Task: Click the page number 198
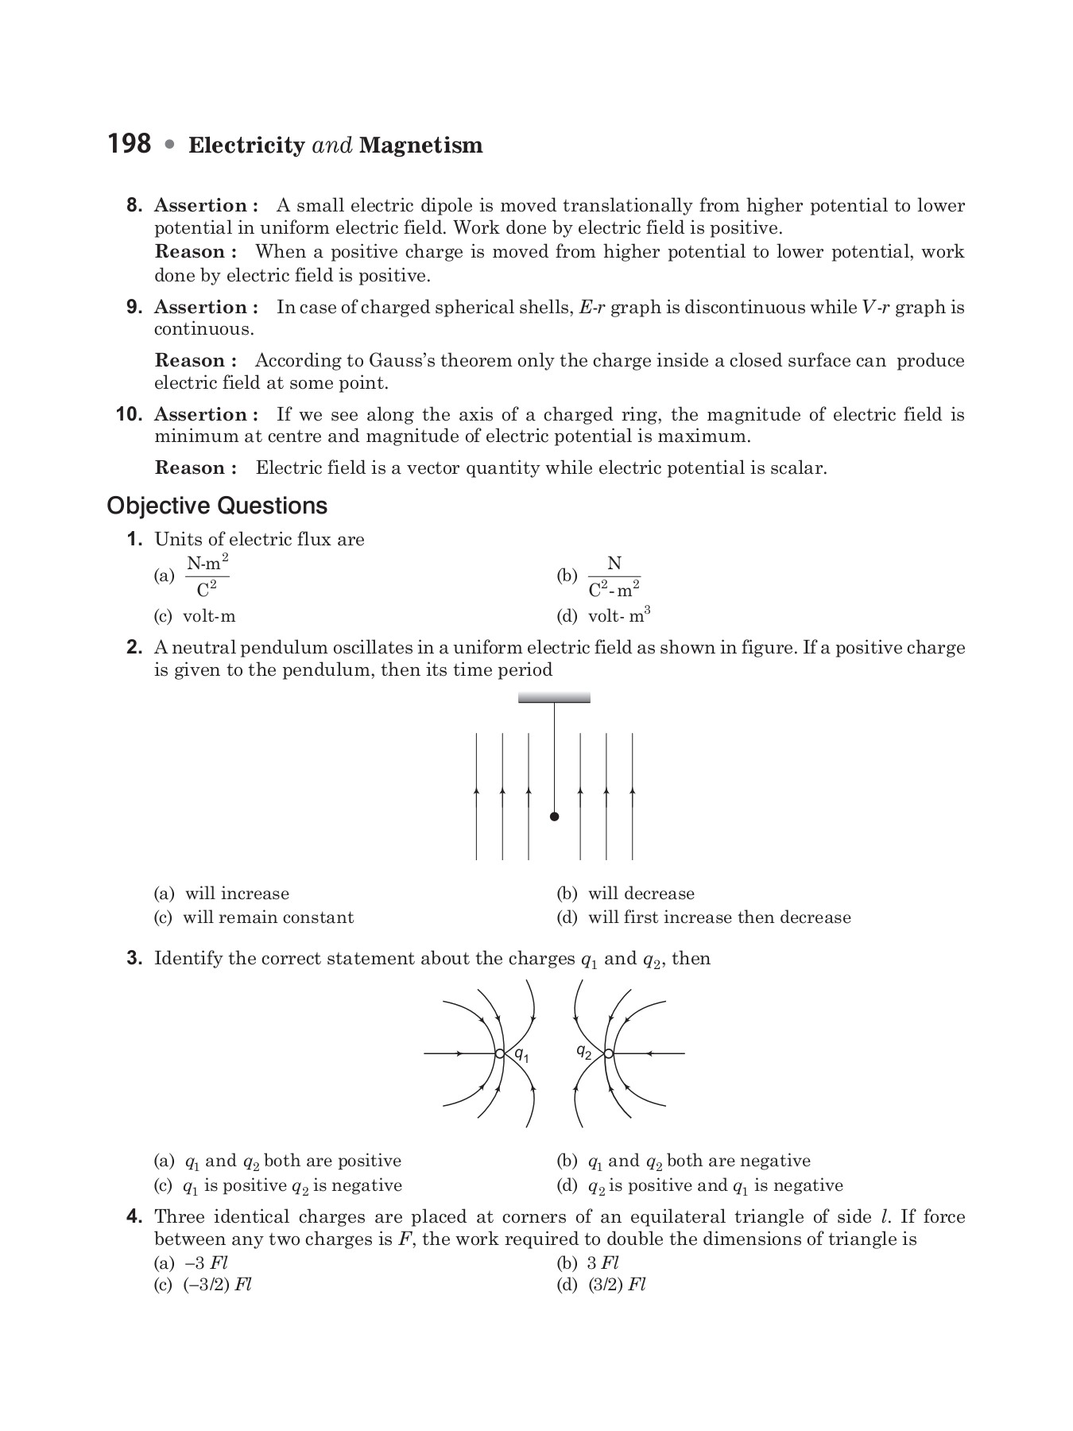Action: pos(129,144)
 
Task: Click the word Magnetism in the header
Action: pos(420,145)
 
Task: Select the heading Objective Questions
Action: pos(216,506)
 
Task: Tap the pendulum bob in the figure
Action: pos(554,816)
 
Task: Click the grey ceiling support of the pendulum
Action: pos(554,698)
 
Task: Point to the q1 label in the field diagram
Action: pos(521,1056)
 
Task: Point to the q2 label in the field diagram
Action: pos(583,1051)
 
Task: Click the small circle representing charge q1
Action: pos(499,1053)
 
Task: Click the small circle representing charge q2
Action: pos(608,1053)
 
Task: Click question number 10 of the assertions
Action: pos(129,414)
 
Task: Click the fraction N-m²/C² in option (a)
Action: pos(207,576)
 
